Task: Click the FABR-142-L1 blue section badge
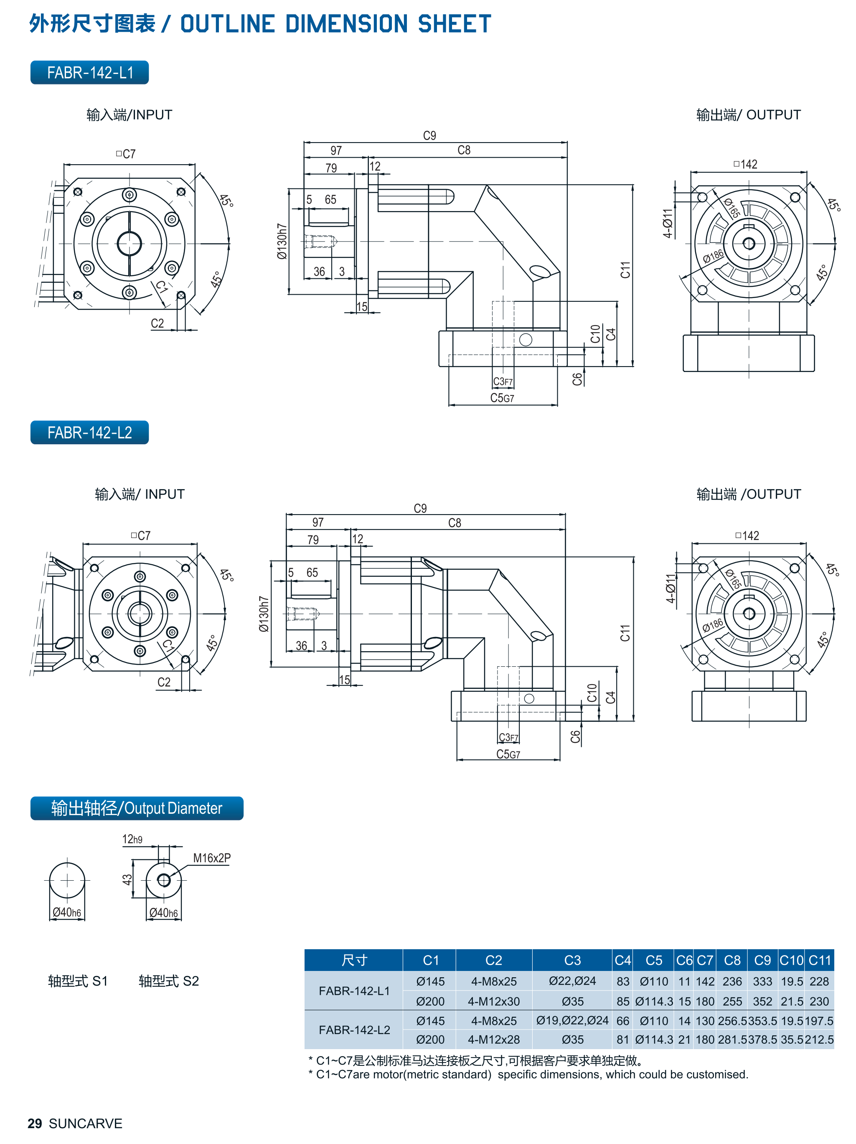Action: click(x=89, y=72)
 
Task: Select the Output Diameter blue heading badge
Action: click(x=137, y=808)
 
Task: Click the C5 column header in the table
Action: click(x=653, y=961)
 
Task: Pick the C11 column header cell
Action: click(x=819, y=961)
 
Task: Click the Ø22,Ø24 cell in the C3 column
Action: click(x=572, y=981)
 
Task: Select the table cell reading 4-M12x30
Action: click(x=494, y=1001)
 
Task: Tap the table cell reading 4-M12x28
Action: click(x=494, y=1040)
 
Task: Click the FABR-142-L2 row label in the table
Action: click(x=354, y=1030)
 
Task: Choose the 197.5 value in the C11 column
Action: click(x=819, y=1021)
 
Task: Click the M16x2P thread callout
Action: click(x=212, y=858)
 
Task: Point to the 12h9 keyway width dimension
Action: click(x=132, y=839)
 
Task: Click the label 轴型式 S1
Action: click(x=78, y=981)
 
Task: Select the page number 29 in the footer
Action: click(x=35, y=1124)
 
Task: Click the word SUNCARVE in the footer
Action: click(x=85, y=1124)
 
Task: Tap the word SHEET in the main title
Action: click(x=455, y=24)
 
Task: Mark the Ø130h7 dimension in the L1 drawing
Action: click(x=282, y=241)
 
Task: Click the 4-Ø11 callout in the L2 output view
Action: click(x=671, y=588)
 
